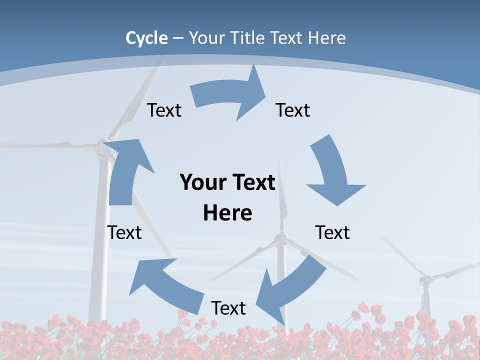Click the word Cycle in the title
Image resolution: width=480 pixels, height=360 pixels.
(146, 38)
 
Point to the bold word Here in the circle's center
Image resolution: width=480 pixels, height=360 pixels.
(227, 213)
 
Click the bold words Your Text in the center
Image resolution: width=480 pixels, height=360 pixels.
(227, 182)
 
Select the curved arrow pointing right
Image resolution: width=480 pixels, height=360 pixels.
(230, 95)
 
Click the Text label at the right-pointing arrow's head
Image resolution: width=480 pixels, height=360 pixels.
(293, 110)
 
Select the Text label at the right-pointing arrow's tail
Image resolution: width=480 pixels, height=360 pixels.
(164, 110)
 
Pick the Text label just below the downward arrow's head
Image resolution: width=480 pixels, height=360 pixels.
(332, 232)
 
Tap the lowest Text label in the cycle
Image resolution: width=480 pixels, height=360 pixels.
(228, 308)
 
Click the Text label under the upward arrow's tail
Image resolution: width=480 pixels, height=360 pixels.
(124, 232)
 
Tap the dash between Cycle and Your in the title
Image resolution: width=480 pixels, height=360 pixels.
(178, 38)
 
